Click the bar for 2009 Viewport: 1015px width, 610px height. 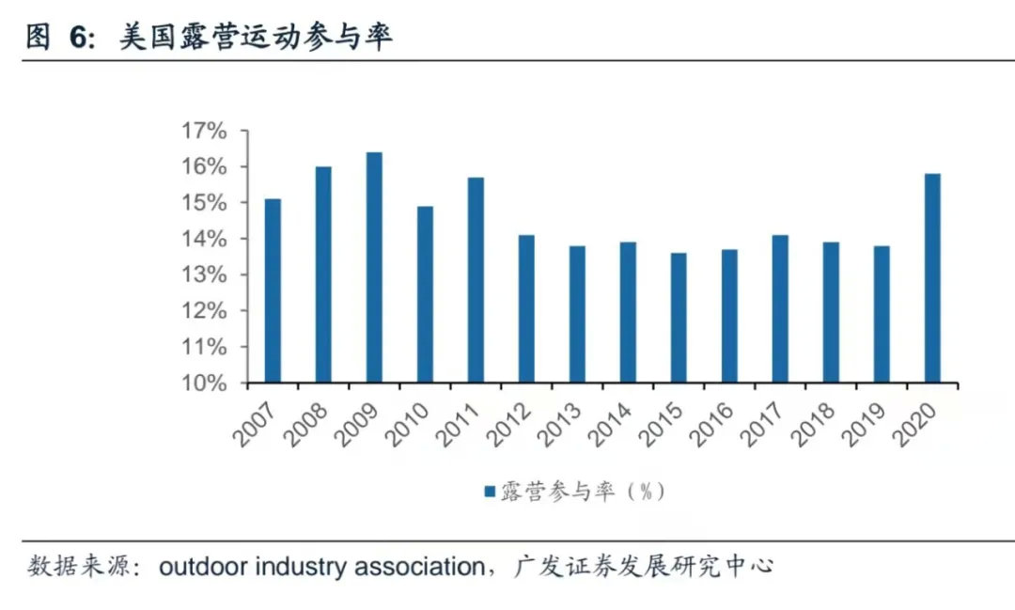point(374,268)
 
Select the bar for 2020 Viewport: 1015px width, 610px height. point(932,278)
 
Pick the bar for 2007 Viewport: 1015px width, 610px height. point(273,291)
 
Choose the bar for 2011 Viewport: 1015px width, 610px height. point(476,280)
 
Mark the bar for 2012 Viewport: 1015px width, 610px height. point(526,309)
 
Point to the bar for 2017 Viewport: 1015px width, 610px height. point(780,309)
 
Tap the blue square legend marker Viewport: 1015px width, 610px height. point(489,491)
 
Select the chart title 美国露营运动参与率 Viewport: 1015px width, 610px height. point(255,38)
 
